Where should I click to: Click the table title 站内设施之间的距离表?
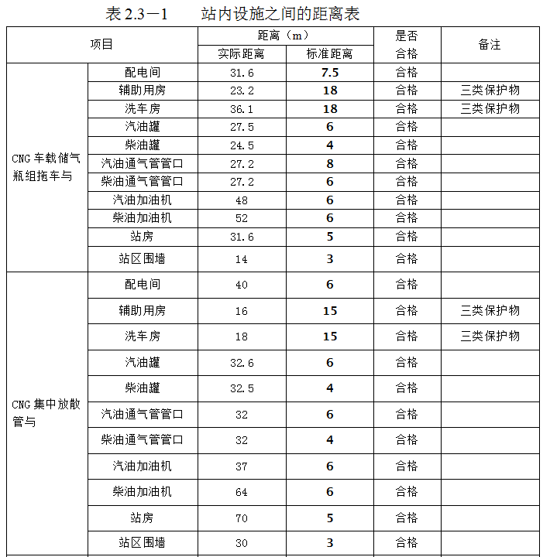click(280, 14)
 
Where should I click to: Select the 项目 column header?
click(101, 45)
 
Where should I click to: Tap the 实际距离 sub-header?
click(242, 54)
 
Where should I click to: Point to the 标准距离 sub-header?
click(329, 54)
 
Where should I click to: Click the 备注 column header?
click(490, 45)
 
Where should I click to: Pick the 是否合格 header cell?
click(407, 45)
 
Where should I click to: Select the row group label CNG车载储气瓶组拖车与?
click(46, 167)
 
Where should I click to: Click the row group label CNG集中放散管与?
click(46, 414)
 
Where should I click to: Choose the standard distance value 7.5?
click(330, 73)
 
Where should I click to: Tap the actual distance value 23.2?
click(242, 91)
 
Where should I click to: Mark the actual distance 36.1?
click(242, 109)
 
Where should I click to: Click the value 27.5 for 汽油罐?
click(242, 127)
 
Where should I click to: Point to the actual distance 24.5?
click(242, 145)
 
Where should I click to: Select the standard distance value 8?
click(330, 163)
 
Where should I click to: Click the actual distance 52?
click(242, 218)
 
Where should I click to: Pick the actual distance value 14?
click(242, 259)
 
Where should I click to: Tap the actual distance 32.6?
click(242, 363)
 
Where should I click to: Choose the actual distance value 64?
click(242, 492)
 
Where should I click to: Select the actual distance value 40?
click(242, 285)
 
